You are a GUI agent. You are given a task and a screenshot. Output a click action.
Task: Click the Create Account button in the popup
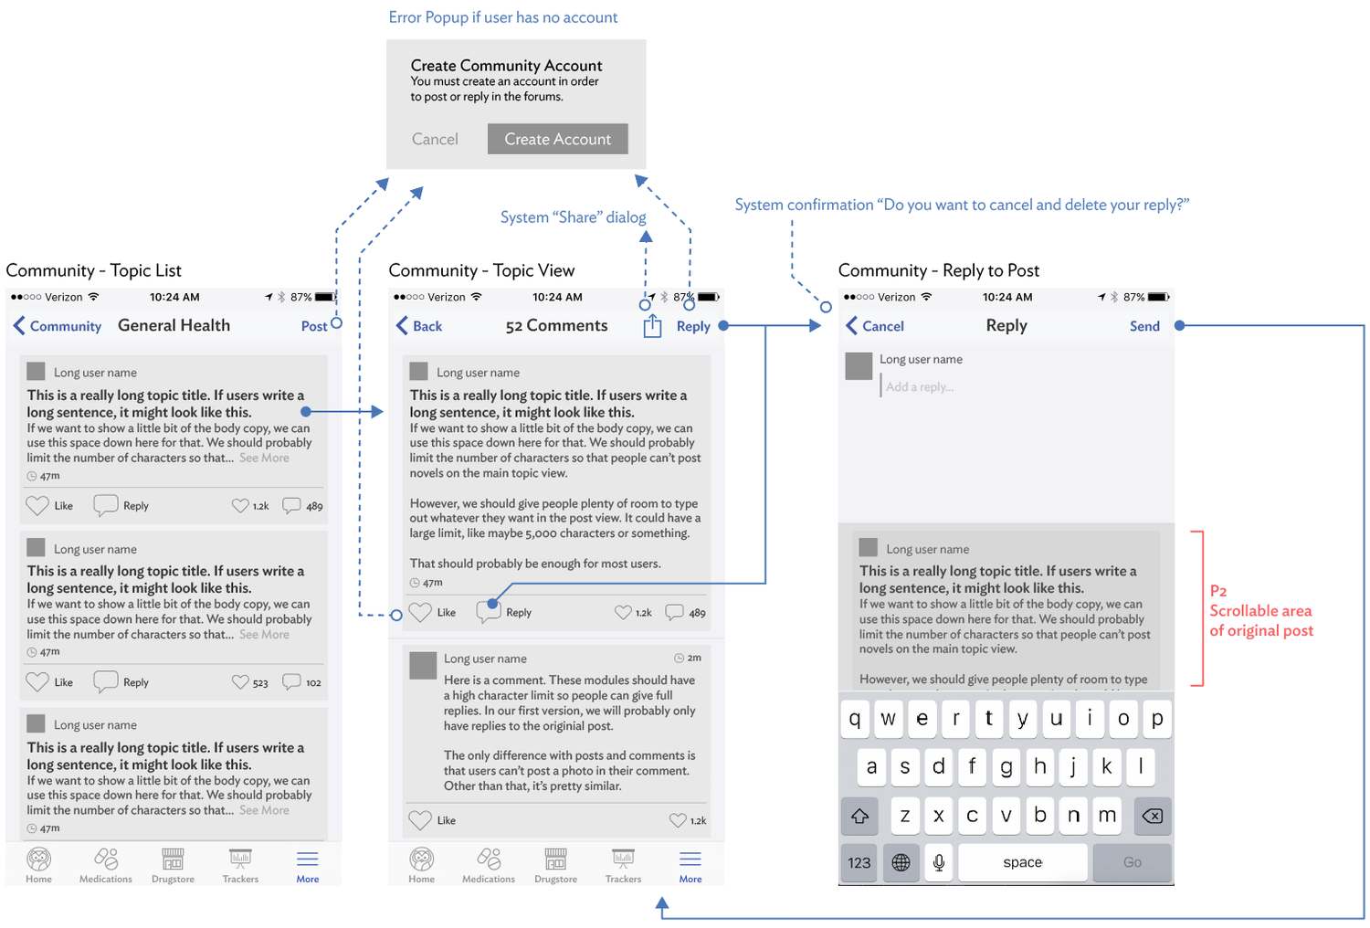[557, 139]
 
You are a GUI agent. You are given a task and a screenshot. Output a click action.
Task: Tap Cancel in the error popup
[435, 139]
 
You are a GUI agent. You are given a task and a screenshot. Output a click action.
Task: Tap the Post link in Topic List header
[313, 326]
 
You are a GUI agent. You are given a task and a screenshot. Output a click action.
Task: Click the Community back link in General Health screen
[58, 326]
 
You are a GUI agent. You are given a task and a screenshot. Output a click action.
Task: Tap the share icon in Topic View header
[652, 326]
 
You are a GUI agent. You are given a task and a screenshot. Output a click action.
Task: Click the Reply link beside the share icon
[693, 326]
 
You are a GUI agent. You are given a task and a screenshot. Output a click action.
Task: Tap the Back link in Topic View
[419, 326]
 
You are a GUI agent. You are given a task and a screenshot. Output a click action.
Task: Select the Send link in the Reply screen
[1144, 326]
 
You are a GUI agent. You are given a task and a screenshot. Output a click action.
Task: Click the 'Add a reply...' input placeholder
[920, 387]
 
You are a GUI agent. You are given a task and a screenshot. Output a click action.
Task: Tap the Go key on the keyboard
[1133, 862]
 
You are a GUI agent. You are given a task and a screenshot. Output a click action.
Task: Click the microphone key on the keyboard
[939, 862]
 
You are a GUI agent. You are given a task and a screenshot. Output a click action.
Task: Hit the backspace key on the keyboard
[1153, 816]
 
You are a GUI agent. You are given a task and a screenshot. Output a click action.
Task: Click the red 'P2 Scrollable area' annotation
[1261, 611]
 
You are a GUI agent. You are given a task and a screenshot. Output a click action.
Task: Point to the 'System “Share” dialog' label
[573, 217]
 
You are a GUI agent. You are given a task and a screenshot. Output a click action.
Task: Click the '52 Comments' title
[556, 326]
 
